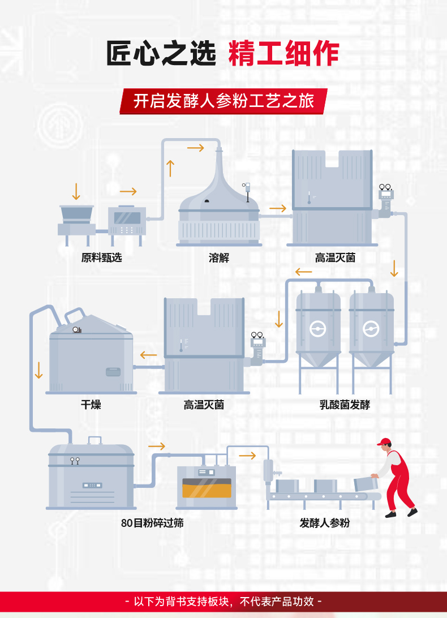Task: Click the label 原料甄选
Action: [101, 258]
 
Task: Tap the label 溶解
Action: [219, 258]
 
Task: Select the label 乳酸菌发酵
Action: [345, 405]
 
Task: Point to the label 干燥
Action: [91, 405]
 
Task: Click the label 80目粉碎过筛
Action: [152, 523]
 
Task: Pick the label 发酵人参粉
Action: [325, 523]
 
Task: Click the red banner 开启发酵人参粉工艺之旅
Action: [223, 101]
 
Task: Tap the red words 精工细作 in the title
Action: [283, 55]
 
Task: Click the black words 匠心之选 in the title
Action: [162, 55]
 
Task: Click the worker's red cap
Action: [384, 441]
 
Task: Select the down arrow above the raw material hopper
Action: [76, 191]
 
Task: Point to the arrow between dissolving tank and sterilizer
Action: [278, 209]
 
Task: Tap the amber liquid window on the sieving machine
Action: [207, 488]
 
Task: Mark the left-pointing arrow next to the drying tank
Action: [149, 355]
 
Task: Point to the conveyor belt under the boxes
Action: [317, 497]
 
